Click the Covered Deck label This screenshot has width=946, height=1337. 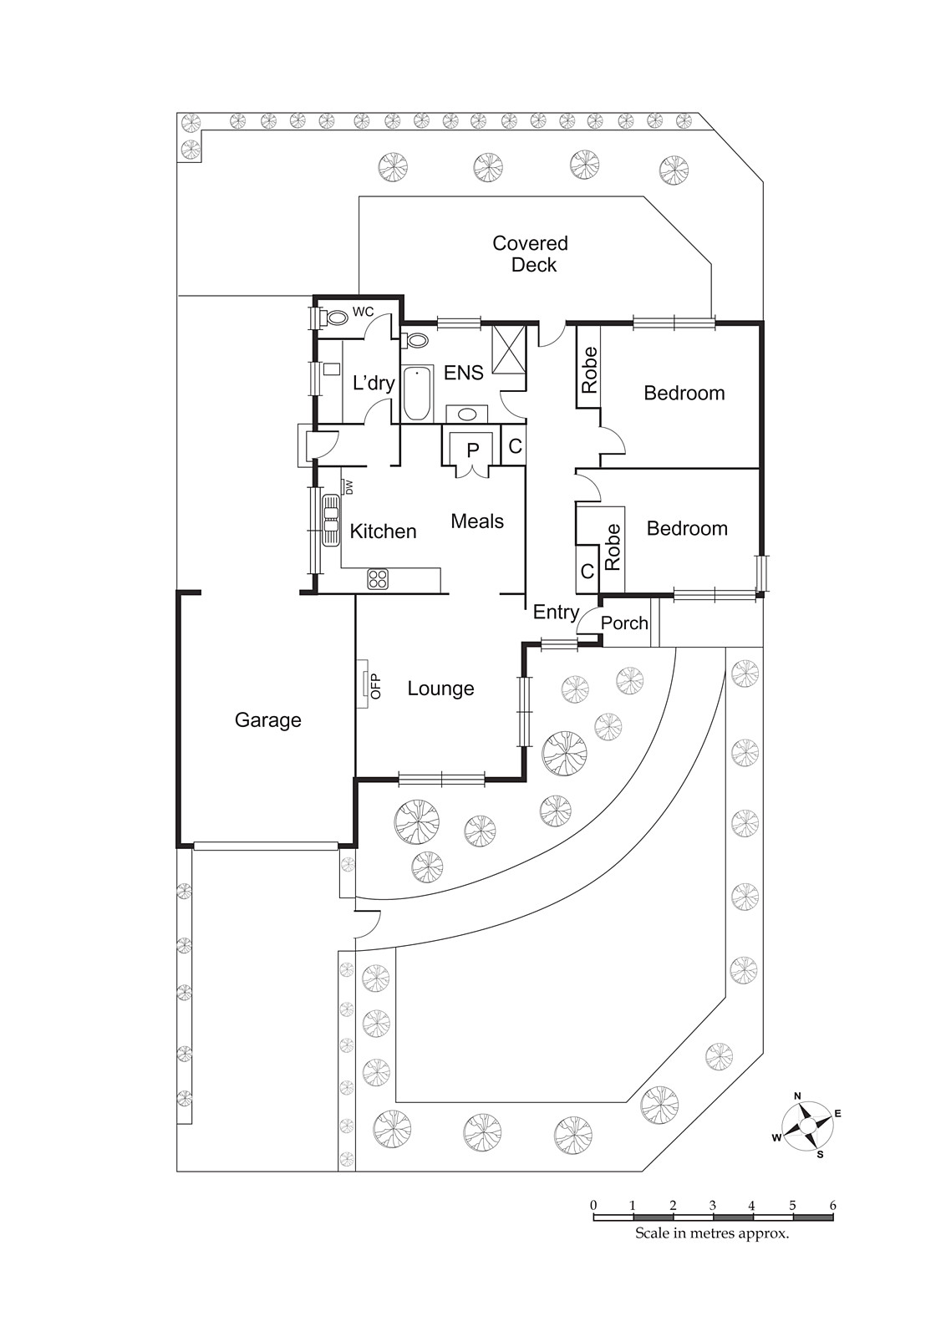click(531, 254)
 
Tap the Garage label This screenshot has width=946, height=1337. click(267, 720)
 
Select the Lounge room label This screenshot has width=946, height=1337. click(440, 689)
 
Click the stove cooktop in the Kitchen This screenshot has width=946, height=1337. click(379, 578)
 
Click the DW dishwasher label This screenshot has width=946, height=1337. click(349, 486)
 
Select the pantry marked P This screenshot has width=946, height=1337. click(472, 450)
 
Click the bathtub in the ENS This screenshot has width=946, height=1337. click(417, 394)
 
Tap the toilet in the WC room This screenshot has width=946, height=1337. click(336, 318)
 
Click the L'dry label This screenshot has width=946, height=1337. click(373, 384)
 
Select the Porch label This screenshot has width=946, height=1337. click(624, 623)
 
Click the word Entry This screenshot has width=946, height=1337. click(556, 613)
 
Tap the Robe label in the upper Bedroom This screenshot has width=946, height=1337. click(590, 369)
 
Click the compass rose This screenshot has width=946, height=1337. click(807, 1126)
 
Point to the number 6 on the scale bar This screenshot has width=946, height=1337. click(832, 1205)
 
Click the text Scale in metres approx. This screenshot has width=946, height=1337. click(712, 1233)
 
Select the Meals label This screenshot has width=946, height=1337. click(477, 521)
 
